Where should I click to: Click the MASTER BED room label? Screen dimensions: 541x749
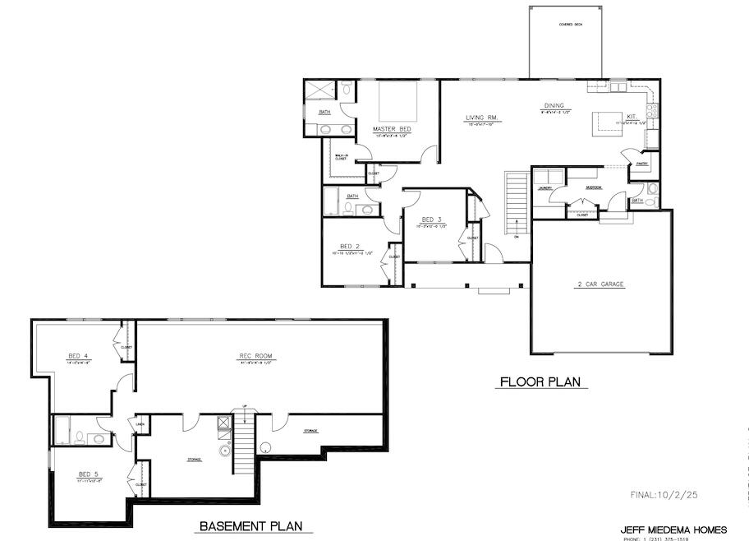click(x=391, y=130)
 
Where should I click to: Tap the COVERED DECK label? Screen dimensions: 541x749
click(x=566, y=25)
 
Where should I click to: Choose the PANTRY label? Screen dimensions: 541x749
click(x=642, y=164)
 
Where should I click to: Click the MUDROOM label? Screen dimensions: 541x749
click(x=594, y=187)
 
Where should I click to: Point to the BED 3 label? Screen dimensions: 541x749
click(x=431, y=220)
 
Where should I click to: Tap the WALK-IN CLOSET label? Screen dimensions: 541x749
click(x=340, y=156)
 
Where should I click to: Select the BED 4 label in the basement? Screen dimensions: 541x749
click(x=78, y=356)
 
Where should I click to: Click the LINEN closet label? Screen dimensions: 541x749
click(x=141, y=424)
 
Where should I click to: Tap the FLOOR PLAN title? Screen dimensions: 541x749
click(x=540, y=381)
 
